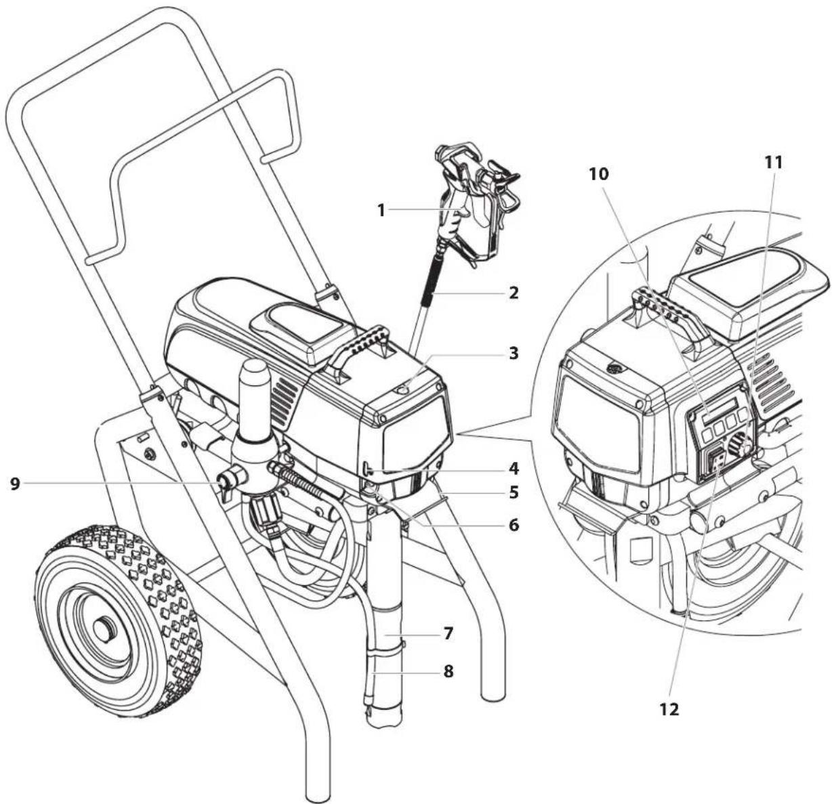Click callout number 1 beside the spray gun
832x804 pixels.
click(381, 210)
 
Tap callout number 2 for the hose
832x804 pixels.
click(513, 293)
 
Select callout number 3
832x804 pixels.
click(513, 354)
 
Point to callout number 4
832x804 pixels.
click(513, 469)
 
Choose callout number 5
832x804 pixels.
click(513, 492)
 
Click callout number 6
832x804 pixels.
click(513, 525)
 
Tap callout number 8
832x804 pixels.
click(448, 671)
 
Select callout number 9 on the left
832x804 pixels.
click(15, 484)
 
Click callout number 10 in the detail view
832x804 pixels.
click(599, 174)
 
